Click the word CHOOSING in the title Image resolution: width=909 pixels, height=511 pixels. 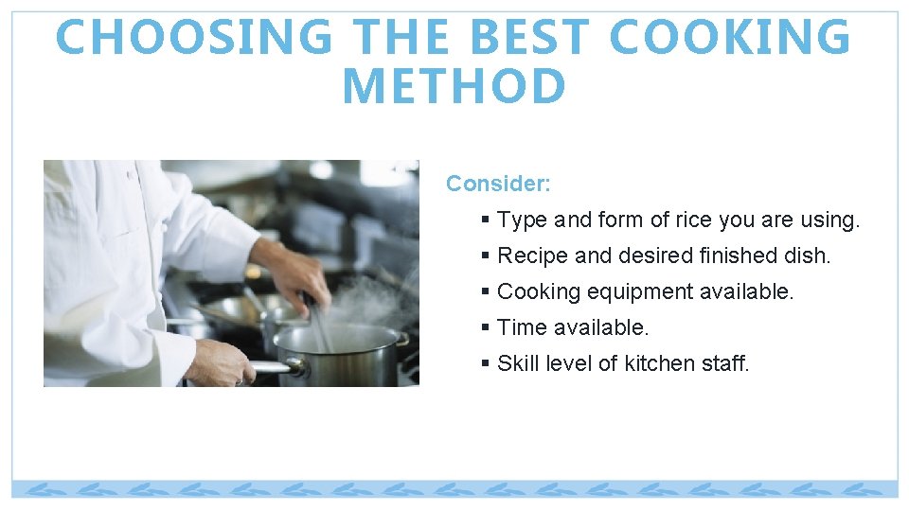click(x=194, y=38)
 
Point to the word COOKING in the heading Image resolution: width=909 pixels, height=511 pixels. click(x=730, y=38)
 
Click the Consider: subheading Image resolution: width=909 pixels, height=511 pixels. click(x=498, y=184)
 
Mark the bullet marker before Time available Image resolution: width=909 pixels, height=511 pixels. click(x=485, y=328)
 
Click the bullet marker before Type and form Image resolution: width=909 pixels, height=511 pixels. click(x=485, y=220)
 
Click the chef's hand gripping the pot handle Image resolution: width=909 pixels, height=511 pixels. click(x=218, y=361)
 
